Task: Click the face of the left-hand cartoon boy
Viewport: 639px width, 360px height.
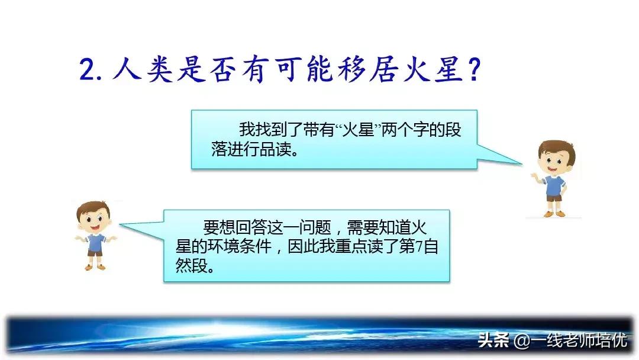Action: (x=94, y=220)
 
